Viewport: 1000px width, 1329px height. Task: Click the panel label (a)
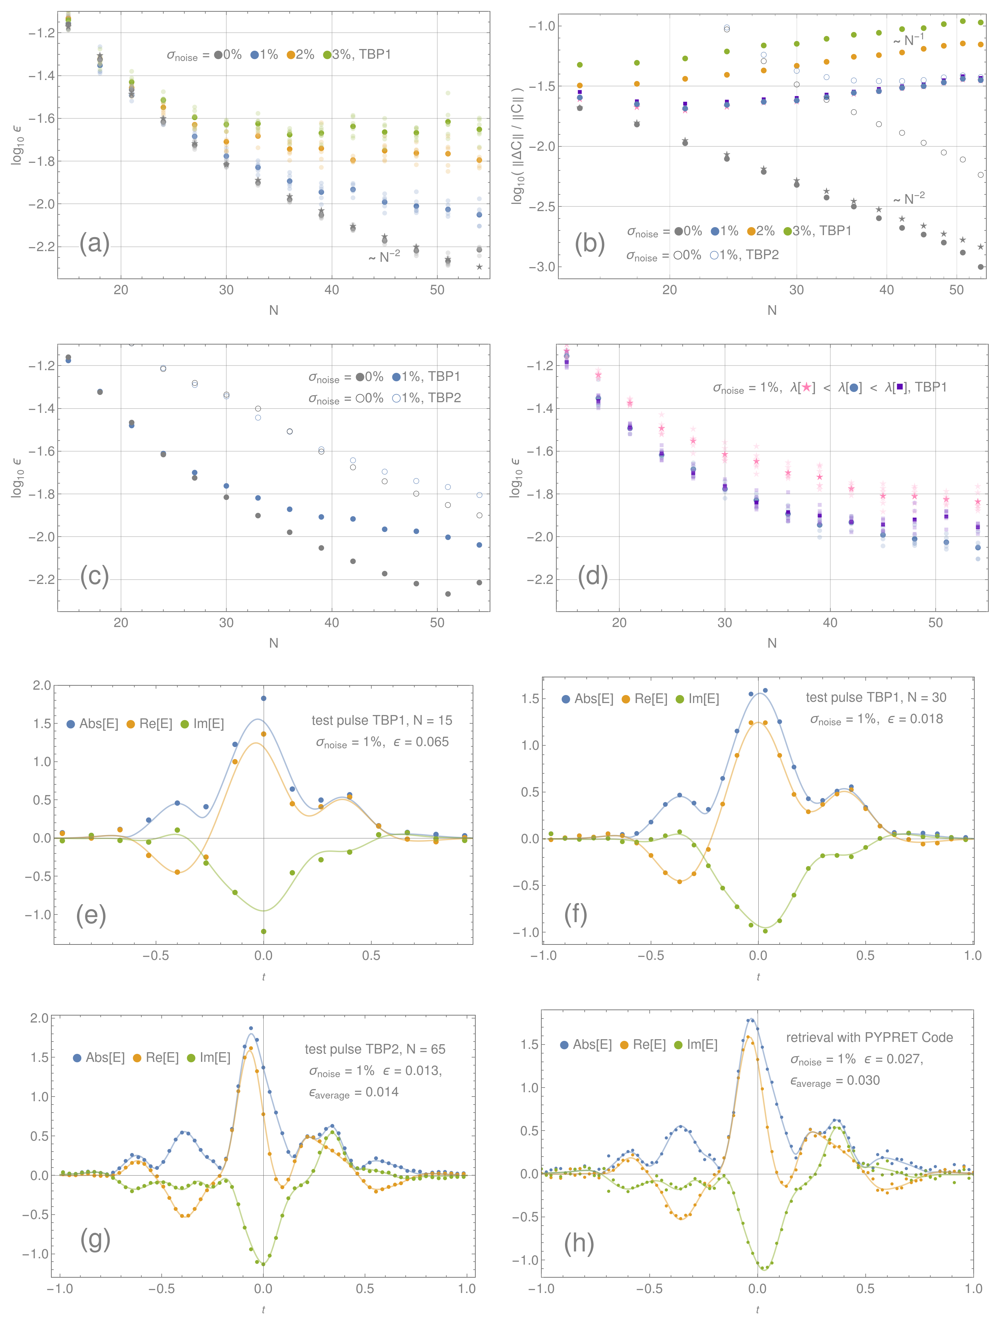(94, 243)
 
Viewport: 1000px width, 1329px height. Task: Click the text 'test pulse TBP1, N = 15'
(381, 720)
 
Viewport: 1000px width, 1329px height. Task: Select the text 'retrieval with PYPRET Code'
(869, 1038)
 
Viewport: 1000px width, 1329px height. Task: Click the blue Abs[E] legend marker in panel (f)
(566, 699)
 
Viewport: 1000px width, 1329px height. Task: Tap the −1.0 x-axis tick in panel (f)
(544, 955)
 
